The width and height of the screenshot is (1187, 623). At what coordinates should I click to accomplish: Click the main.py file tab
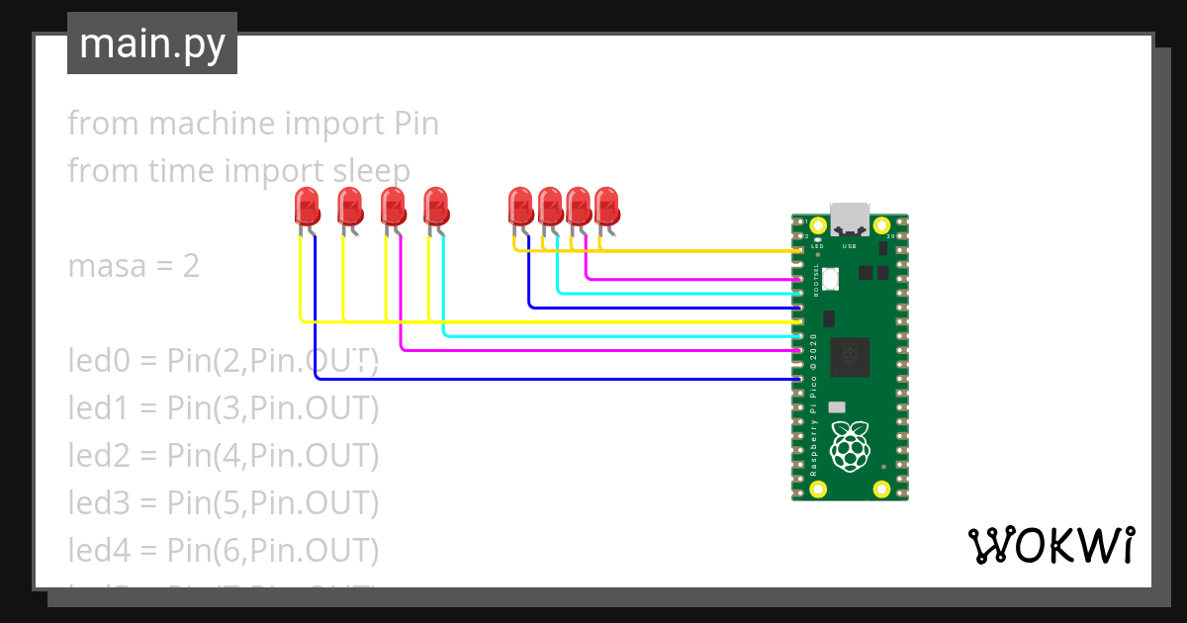point(151,44)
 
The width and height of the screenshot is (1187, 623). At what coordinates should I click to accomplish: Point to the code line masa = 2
point(134,265)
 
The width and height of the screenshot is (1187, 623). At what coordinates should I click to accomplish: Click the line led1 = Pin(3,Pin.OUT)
point(223,407)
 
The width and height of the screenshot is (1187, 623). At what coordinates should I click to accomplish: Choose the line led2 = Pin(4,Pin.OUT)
point(223,455)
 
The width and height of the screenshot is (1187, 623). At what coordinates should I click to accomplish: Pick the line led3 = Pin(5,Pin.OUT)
point(223,502)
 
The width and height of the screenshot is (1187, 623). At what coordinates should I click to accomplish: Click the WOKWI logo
point(1050,545)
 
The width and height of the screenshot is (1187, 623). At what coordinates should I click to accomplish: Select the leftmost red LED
point(308,208)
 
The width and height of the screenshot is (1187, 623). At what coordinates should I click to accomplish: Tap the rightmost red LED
point(606,207)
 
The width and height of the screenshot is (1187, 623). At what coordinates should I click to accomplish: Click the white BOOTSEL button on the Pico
point(831,280)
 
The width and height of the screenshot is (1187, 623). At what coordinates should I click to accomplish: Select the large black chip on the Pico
point(850,356)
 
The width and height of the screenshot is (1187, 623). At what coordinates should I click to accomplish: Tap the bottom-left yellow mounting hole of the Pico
point(819,488)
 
